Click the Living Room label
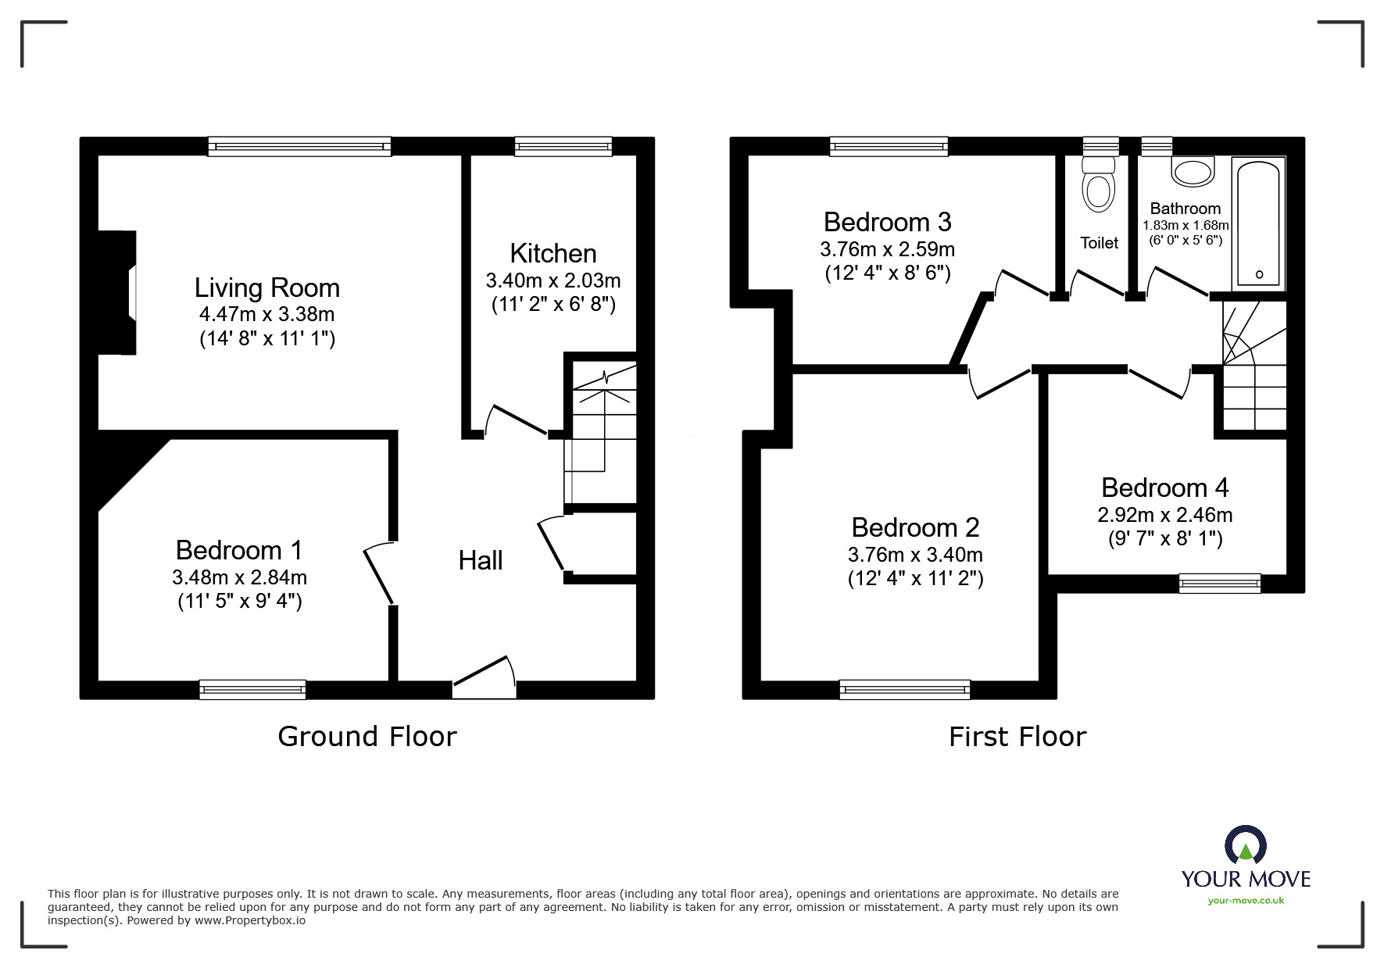click(266, 288)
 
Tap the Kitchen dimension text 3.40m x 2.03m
click(553, 280)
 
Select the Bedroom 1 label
click(238, 550)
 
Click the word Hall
click(480, 560)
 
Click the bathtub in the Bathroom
click(1257, 223)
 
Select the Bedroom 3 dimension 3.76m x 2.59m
click(887, 249)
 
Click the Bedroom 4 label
click(1164, 488)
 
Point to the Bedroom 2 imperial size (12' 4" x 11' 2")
click(915, 579)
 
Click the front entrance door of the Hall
click(485, 677)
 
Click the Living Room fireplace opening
click(133, 293)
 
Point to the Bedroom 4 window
click(1219, 583)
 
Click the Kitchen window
click(563, 146)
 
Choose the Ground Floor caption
click(367, 736)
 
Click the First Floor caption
click(1017, 736)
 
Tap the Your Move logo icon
click(1245, 846)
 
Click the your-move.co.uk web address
click(1246, 901)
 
